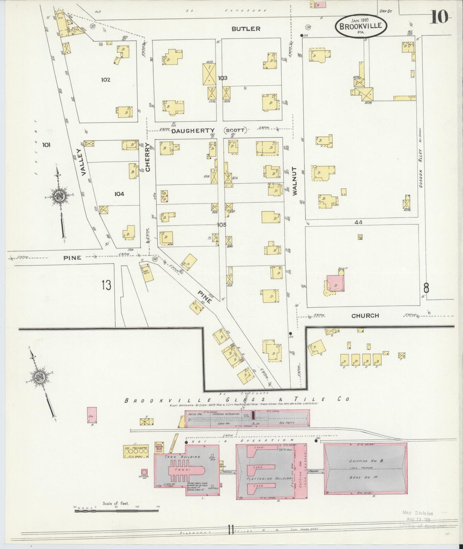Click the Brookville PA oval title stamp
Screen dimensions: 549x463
point(361,26)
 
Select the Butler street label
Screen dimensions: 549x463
point(246,29)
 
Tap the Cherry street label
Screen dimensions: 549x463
point(147,157)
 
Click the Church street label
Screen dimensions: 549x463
point(365,315)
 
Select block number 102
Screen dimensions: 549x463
point(105,80)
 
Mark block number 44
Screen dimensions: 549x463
point(358,222)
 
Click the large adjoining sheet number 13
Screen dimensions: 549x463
point(106,285)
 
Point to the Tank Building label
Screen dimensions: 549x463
point(182,457)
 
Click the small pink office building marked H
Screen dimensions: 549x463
point(92,415)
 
